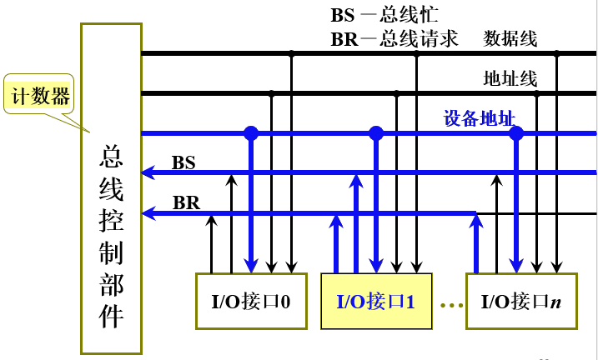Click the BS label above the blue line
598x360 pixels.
click(183, 162)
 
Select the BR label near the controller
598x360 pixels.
click(185, 202)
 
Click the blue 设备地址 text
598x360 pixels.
click(479, 119)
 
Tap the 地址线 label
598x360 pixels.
click(510, 79)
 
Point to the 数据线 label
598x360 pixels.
click(510, 38)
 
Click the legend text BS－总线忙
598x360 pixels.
click(384, 15)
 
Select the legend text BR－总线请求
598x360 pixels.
click(394, 38)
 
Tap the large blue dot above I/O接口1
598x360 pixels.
click(376, 132)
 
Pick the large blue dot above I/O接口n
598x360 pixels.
click(516, 132)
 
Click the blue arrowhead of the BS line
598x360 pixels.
click(148, 173)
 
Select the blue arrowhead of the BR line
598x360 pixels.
click(148, 213)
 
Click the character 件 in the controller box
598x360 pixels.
click(112, 317)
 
